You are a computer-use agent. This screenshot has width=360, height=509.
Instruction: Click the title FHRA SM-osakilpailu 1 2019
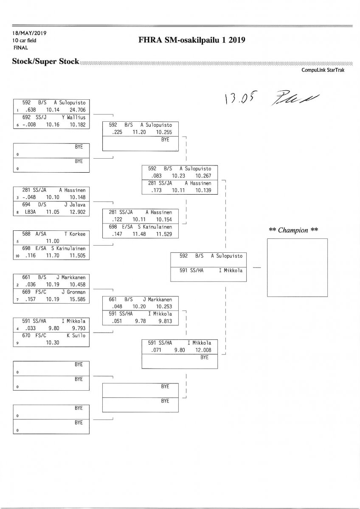(192, 40)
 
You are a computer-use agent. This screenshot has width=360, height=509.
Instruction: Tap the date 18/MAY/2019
(29, 33)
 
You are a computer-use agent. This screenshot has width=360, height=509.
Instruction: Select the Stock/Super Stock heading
(45, 62)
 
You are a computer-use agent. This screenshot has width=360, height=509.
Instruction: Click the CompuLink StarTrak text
(323, 70)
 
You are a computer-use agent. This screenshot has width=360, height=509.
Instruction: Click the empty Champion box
(297, 268)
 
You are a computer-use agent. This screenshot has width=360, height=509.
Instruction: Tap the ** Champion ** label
(294, 230)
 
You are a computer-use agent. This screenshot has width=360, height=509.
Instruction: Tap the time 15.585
(77, 299)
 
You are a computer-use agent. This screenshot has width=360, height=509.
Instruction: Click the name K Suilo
(76, 336)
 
